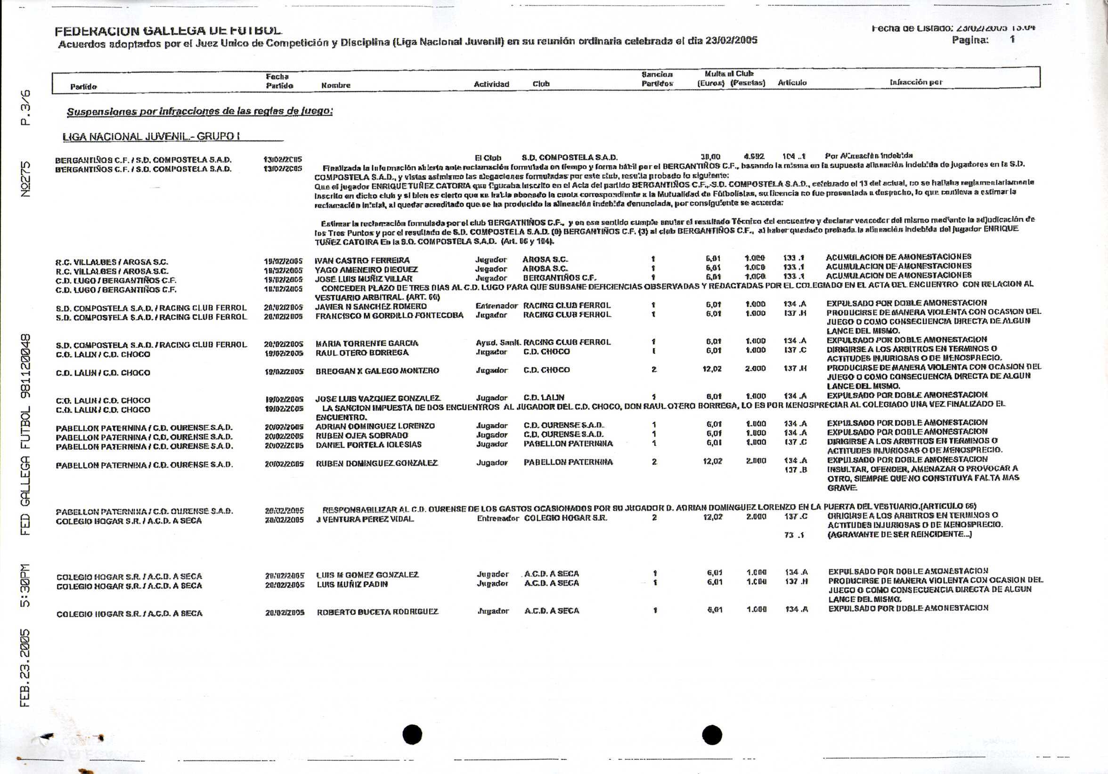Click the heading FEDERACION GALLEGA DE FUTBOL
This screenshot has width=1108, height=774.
[168, 31]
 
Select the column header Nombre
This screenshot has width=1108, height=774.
[336, 85]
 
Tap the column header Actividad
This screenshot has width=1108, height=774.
[491, 84]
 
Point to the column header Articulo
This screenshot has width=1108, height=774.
[792, 83]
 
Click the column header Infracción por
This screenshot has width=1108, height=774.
[915, 82]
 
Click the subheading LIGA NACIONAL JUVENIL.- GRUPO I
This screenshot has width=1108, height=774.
[151, 137]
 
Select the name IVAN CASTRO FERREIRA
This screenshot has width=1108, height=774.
[362, 260]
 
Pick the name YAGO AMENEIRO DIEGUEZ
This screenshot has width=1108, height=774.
[367, 270]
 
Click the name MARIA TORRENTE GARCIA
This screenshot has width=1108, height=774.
[367, 343]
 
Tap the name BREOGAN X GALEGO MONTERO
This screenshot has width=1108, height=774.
[377, 371]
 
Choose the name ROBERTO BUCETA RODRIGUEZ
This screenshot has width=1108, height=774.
[377, 612]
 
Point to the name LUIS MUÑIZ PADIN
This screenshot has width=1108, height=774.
[352, 584]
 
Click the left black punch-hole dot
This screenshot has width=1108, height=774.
[412, 734]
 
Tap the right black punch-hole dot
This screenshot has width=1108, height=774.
[712, 734]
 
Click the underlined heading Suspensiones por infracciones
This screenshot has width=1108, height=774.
[199, 112]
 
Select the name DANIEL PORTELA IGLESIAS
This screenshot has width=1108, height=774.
[368, 444]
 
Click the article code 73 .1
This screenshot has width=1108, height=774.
[794, 535]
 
